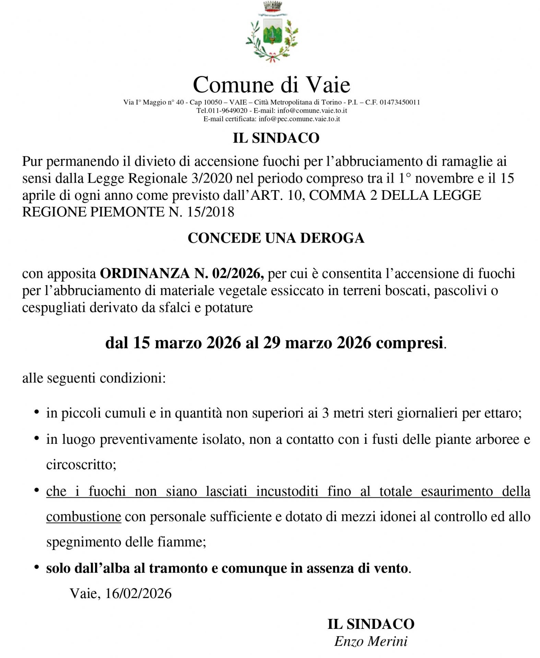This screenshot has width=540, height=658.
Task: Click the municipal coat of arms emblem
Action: pos(271,33)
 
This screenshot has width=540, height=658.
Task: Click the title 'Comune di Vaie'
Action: pos(271,85)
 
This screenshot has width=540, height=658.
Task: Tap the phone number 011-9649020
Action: pos(227,111)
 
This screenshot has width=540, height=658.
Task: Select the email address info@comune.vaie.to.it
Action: pos(312,111)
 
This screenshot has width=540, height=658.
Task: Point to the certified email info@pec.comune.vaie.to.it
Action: pos(299,119)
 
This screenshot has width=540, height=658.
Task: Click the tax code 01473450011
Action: pos(400,102)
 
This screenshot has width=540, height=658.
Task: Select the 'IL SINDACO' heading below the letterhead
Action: pos(276,138)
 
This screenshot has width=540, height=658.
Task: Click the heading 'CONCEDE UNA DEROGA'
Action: pos(276,238)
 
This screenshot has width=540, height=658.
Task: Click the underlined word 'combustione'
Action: pos(84,517)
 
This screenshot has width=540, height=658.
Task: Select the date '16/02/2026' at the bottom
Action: pos(138,594)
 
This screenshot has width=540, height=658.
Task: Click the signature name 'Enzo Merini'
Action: pos(371,641)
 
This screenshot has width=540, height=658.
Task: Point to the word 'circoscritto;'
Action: pos(81,465)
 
